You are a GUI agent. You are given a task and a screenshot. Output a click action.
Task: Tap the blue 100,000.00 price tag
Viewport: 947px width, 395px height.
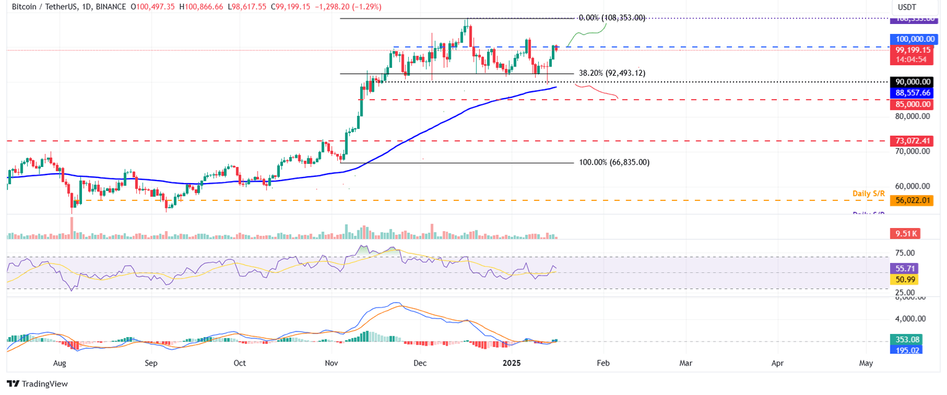(x=914, y=39)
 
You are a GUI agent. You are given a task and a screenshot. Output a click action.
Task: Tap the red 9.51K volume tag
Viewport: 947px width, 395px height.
(x=904, y=234)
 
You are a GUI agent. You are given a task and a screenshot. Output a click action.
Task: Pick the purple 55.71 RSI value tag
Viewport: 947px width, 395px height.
(x=904, y=269)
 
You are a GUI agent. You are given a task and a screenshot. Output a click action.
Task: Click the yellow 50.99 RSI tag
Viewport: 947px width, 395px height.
(x=904, y=280)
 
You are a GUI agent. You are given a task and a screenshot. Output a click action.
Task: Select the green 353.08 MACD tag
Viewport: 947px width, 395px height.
(x=905, y=339)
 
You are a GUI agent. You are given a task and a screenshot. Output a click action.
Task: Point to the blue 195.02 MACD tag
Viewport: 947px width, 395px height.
(x=905, y=349)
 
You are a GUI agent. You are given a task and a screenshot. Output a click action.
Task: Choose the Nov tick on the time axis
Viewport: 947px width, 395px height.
(x=332, y=364)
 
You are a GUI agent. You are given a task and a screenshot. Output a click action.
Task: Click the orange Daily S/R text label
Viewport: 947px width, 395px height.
(x=869, y=193)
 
